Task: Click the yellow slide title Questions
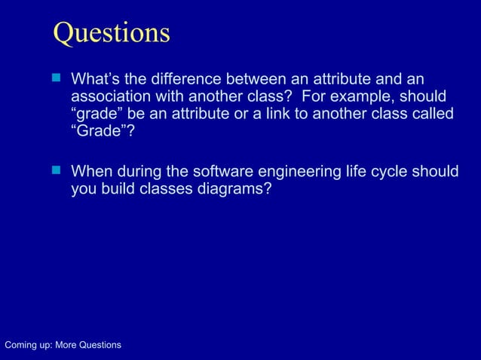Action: coord(112,32)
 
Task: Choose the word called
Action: coord(434,114)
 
